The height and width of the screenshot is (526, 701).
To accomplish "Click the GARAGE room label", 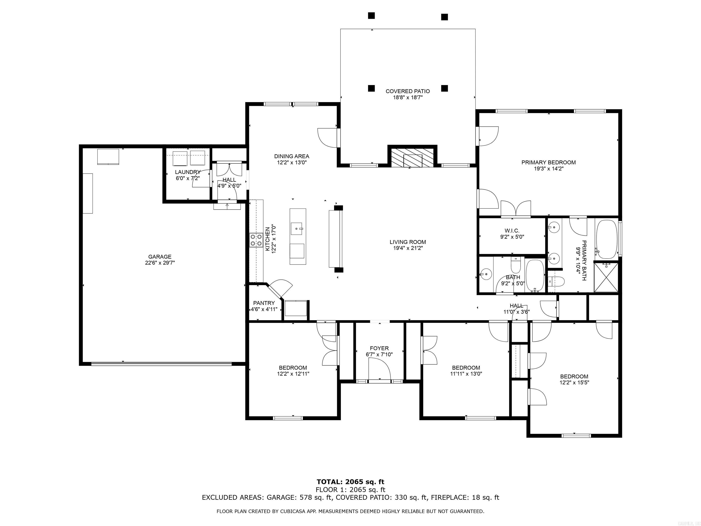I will click(160, 257).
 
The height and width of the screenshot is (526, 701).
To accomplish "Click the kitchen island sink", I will click(297, 228).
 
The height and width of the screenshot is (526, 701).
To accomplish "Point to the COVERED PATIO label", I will click(408, 91).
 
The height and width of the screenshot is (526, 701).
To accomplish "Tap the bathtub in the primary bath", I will click(607, 239).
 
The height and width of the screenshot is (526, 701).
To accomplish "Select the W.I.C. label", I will click(512, 231).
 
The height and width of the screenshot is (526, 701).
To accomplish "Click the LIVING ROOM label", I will click(408, 242).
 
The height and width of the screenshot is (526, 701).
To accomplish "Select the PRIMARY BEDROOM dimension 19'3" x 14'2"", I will click(549, 169).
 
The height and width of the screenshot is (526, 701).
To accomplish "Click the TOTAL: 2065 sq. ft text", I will click(350, 482).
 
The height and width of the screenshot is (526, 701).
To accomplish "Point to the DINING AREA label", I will click(292, 156).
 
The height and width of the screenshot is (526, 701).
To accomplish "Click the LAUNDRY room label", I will click(188, 172).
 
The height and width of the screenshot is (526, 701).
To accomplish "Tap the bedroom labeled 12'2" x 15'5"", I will click(574, 379).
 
